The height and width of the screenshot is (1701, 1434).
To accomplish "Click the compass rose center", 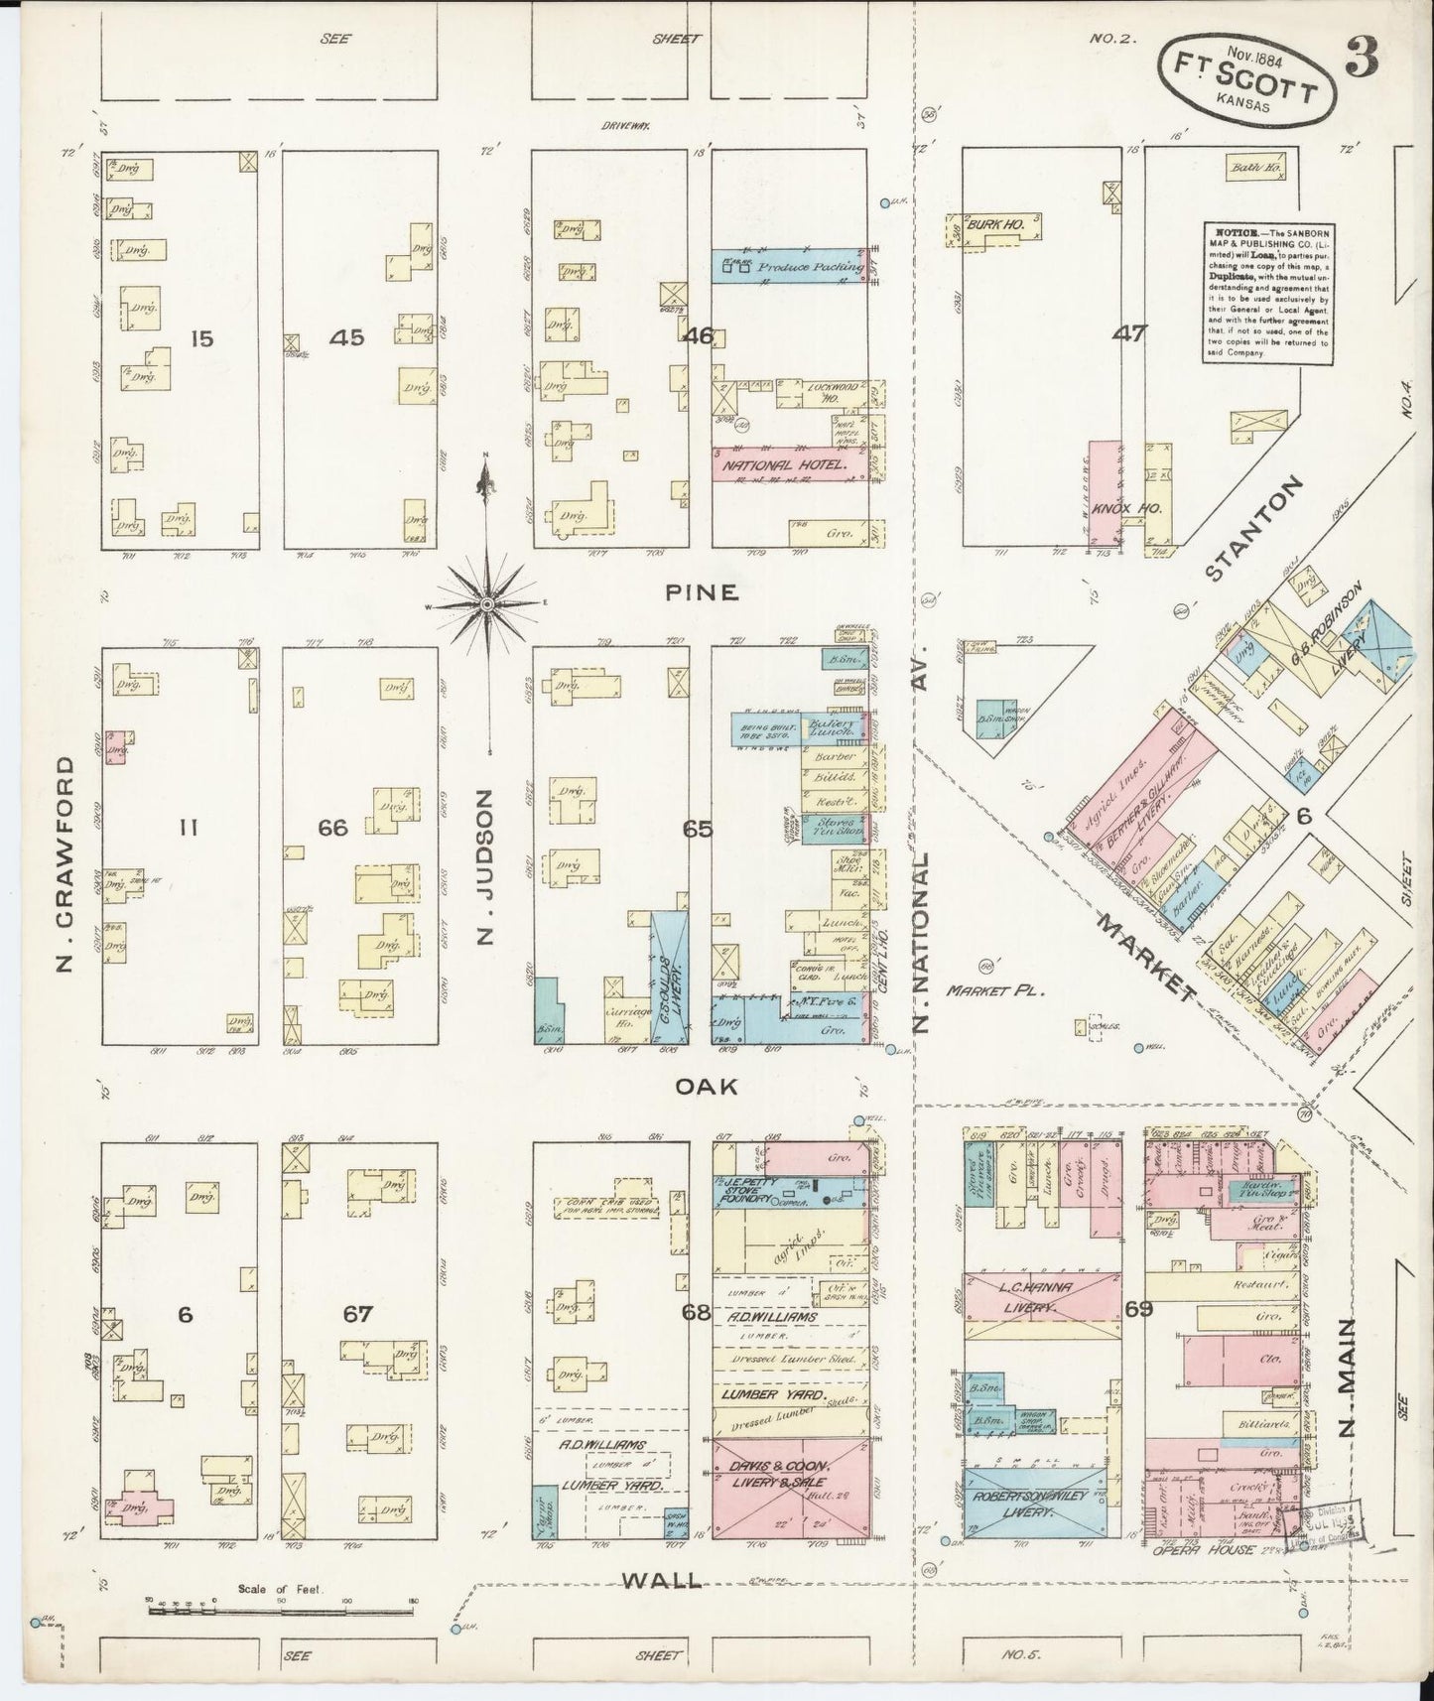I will tap(486, 603).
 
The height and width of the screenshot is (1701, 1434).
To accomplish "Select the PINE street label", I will tap(702, 592).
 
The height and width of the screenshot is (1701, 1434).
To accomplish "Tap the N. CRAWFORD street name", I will tap(65, 863).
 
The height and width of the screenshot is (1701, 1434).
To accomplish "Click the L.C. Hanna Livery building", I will tap(1037, 1297).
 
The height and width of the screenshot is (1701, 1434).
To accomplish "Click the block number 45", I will tap(347, 338).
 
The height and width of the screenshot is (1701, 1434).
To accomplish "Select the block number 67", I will tap(356, 1315).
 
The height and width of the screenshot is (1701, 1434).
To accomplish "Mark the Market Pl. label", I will tap(989, 989).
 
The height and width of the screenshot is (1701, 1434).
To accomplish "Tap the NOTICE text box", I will tap(1267, 291).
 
